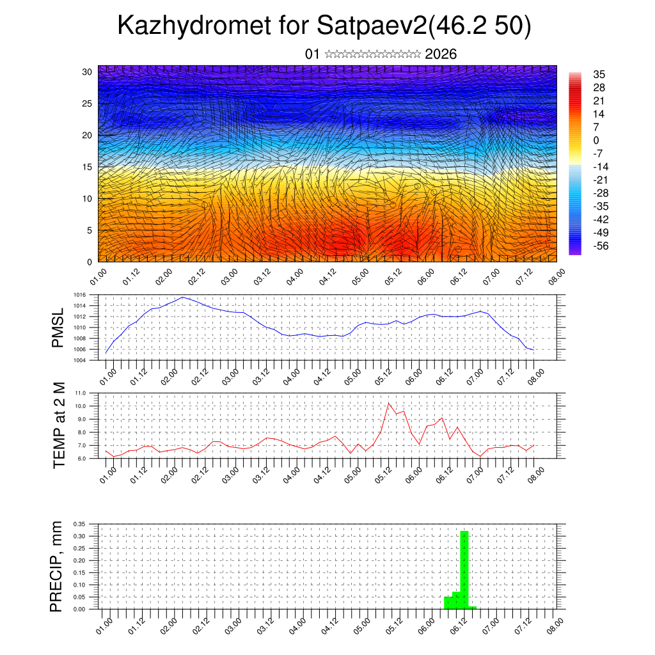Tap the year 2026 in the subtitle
tap(441, 54)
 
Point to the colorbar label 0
tap(596, 140)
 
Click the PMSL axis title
tap(58, 327)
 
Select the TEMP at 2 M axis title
tap(59, 425)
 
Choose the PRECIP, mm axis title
tap(57, 565)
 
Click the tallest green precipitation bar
tap(464, 569)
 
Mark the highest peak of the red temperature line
tap(389, 404)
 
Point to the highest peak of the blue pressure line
tap(183, 297)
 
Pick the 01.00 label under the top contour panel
tap(98, 278)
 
